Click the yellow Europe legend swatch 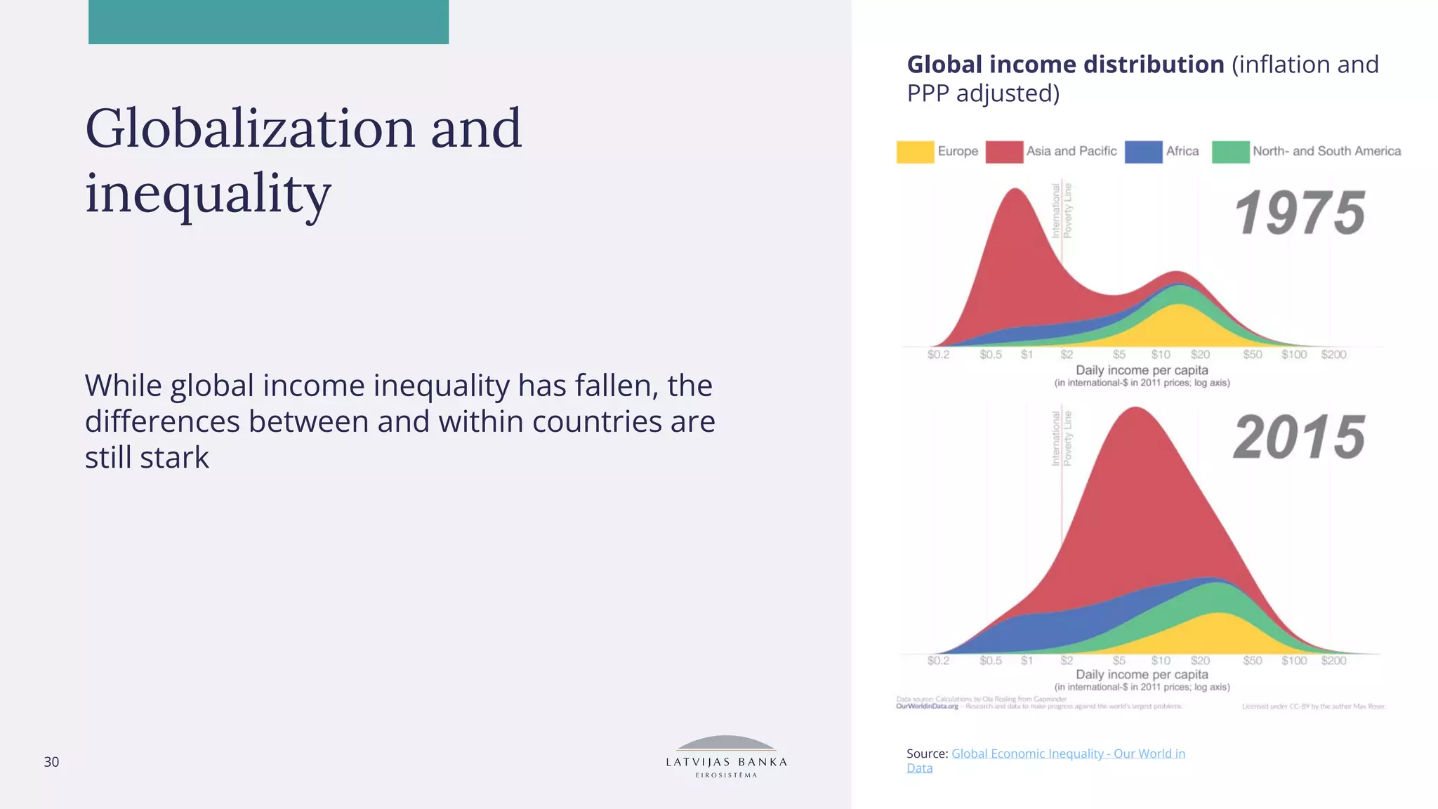(x=915, y=152)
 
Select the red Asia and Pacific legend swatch (x=1004, y=152)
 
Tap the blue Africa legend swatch (x=1143, y=152)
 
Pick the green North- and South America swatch (x=1230, y=152)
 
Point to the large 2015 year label (x=1300, y=437)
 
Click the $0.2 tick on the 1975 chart (x=938, y=355)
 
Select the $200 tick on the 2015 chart (x=1333, y=661)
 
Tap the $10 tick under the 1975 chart (x=1161, y=355)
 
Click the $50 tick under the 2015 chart (x=1253, y=661)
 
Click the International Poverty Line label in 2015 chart (x=1061, y=439)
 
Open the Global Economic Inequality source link (x=1067, y=754)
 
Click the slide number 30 (x=51, y=762)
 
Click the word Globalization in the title (x=250, y=129)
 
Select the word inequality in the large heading (x=208, y=194)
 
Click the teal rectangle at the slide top (x=268, y=22)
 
